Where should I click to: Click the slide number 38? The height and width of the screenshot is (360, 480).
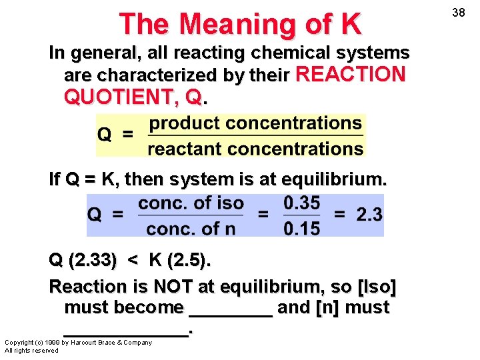(x=459, y=12)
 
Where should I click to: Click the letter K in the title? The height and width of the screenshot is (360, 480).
(x=350, y=25)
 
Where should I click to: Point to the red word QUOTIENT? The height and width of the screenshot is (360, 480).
(x=124, y=97)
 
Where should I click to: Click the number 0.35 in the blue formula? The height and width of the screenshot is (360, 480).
(x=301, y=203)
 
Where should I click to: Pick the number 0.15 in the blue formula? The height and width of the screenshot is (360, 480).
(x=301, y=229)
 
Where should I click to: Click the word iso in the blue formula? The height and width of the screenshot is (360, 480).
(x=229, y=203)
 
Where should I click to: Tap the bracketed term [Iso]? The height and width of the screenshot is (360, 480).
(x=377, y=287)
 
